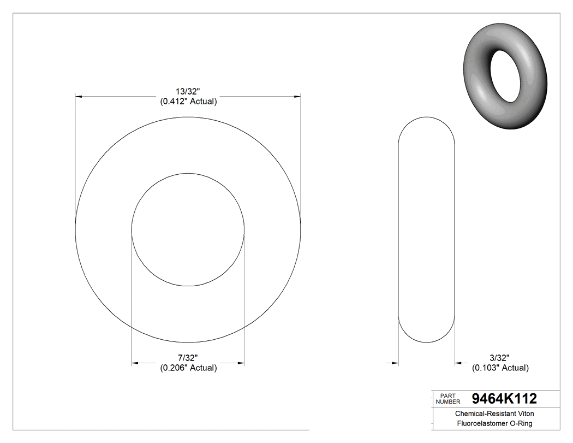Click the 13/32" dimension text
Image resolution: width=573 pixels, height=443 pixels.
[x=188, y=92]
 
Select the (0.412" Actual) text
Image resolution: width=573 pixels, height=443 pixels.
[x=188, y=102]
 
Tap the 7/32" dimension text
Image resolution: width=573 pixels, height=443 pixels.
[x=188, y=358]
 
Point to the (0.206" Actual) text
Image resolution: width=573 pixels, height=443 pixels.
[x=188, y=368]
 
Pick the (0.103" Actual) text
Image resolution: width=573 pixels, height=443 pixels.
[x=500, y=368]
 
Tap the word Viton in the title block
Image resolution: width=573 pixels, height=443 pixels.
[x=524, y=414]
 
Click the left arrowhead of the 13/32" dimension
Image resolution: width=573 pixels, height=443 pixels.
[x=79, y=97]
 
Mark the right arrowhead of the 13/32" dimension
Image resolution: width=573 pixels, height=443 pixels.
[x=297, y=97]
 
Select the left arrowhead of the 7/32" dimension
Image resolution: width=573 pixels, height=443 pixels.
[x=135, y=363]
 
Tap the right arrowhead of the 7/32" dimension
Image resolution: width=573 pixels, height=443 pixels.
[x=241, y=363]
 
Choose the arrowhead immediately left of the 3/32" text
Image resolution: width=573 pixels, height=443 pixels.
[x=459, y=362]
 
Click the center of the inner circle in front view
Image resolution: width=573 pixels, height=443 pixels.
[x=188, y=229]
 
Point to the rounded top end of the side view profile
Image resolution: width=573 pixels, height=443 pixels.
[x=427, y=118]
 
